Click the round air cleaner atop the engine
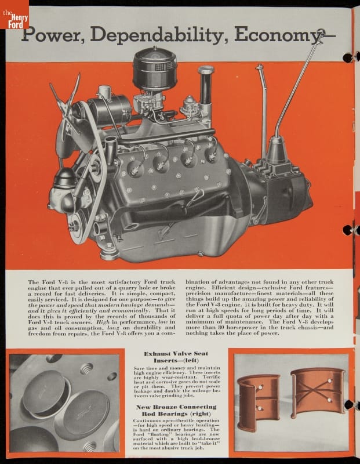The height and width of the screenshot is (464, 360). tap(155, 69)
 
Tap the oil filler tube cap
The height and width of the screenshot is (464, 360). tap(206, 70)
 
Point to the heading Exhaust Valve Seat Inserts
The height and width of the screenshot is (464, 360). tap(176, 357)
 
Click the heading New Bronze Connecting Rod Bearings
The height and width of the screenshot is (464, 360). tap(176, 410)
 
